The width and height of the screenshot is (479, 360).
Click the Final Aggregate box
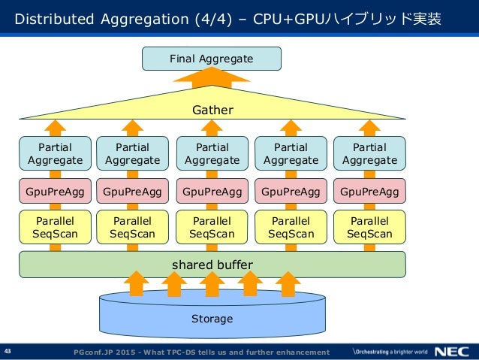[x=212, y=59]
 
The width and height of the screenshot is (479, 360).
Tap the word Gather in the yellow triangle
[x=212, y=110]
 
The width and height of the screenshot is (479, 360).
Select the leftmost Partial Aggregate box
[x=55, y=153]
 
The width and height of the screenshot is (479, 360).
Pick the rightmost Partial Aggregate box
[x=369, y=153]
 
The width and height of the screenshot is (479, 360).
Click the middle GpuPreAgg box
[x=212, y=191]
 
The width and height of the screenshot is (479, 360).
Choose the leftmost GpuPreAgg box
[x=55, y=191]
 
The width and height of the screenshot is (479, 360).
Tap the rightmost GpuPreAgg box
[x=369, y=191]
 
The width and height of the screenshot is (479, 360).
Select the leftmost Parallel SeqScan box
[x=55, y=227]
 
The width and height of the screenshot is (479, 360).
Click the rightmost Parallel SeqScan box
[x=369, y=227]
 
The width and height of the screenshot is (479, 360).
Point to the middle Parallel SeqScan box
[x=212, y=227]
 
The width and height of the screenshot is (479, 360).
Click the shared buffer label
[x=212, y=265]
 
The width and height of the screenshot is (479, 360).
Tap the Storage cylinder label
[x=212, y=319]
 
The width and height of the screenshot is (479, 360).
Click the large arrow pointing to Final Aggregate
[x=212, y=78]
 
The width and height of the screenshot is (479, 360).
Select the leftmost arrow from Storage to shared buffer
[x=136, y=284]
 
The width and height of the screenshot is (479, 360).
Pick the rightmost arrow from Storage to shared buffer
[x=288, y=284]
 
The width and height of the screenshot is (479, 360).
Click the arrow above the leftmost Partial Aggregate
[x=55, y=129]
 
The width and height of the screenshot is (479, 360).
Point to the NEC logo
[x=452, y=352]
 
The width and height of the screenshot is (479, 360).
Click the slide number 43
[x=8, y=351]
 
